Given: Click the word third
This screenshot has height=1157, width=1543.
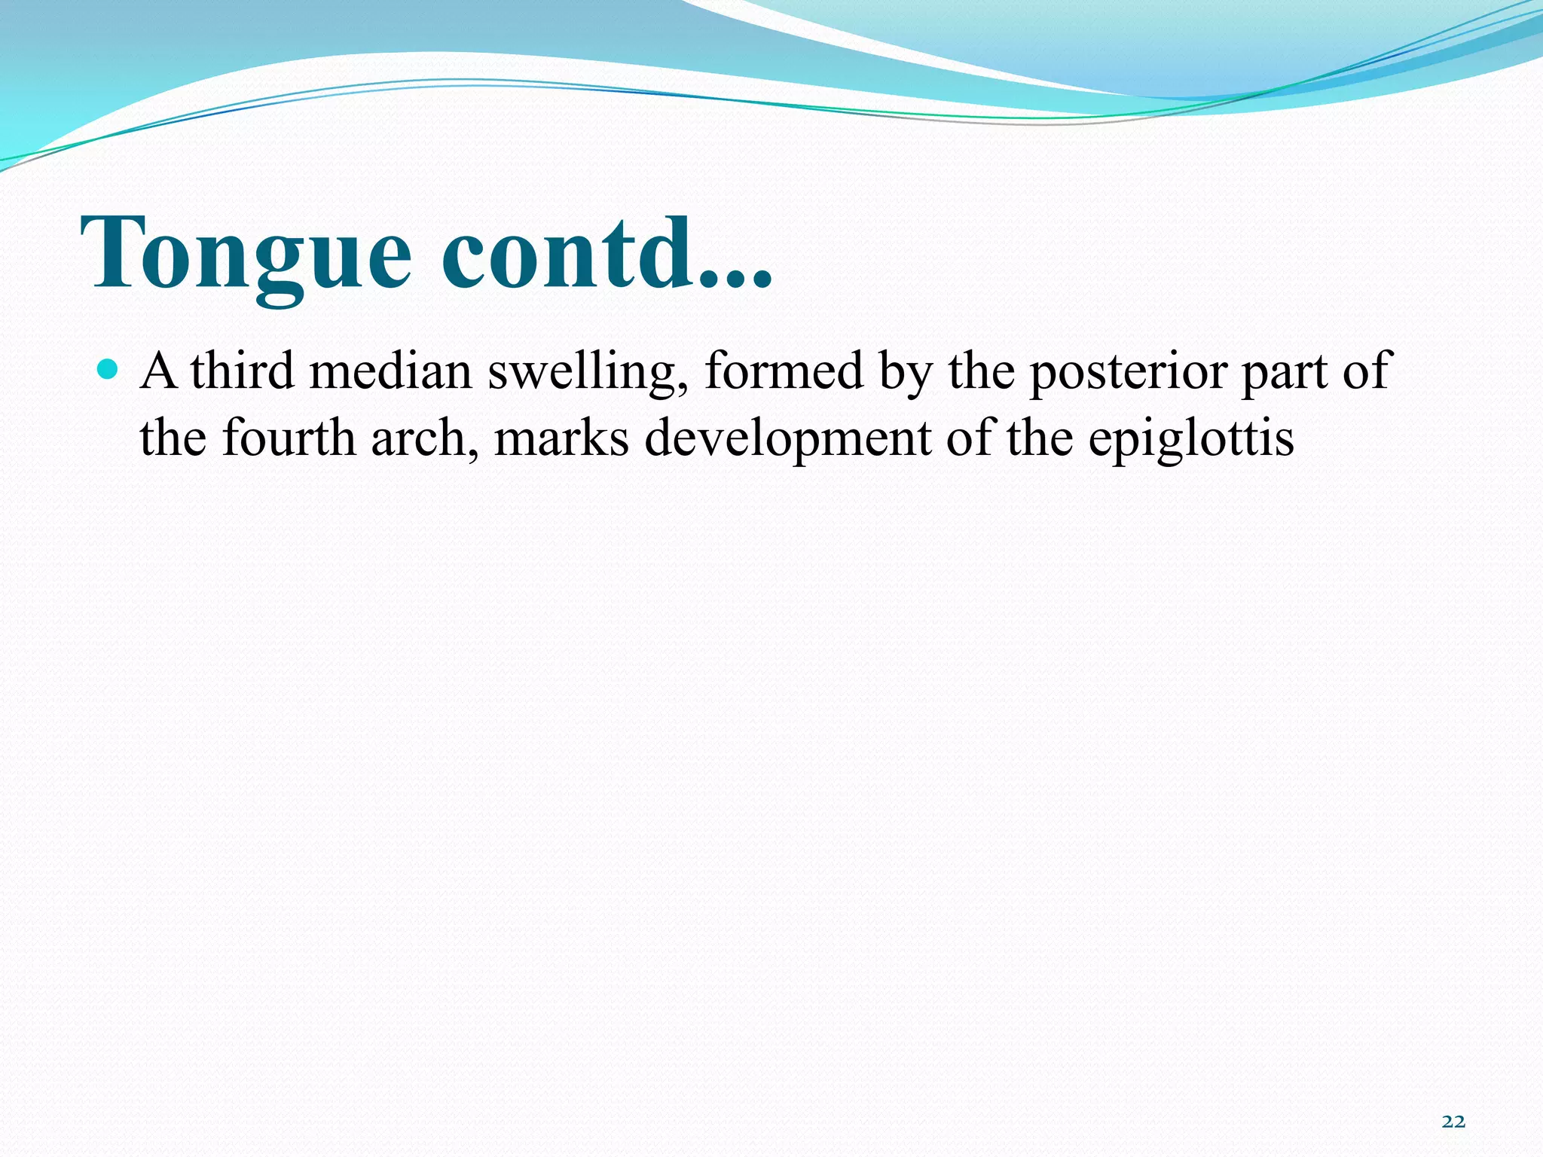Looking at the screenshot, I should coord(242,371).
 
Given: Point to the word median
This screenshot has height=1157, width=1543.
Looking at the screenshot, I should coord(390,371).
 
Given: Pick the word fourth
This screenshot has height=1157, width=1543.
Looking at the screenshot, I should coord(289,438).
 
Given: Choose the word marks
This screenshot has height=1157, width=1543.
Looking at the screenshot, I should coord(561,438).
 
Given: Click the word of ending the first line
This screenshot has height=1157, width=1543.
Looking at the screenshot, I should coord(1365,371).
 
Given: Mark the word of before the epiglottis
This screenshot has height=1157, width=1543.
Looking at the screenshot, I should coord(969,438).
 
